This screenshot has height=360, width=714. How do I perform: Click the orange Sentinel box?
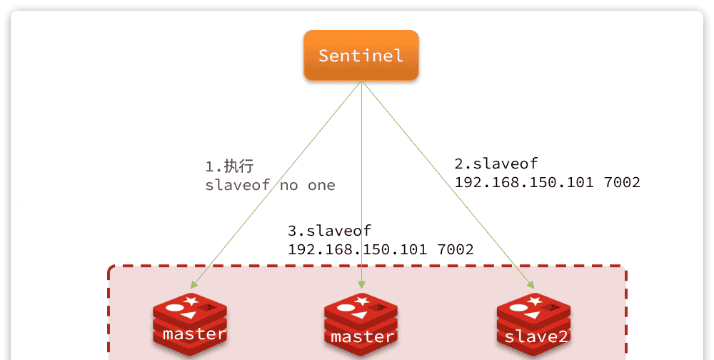click(361, 55)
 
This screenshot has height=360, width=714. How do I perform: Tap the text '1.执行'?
click(229, 167)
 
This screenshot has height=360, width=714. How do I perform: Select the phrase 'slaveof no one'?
click(270, 185)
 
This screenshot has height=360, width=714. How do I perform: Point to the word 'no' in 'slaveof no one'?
click(288, 185)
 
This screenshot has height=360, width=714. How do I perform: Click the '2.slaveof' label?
click(496, 163)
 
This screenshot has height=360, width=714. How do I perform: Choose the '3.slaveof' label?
click(329, 231)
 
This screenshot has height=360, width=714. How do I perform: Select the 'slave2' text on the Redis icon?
click(535, 336)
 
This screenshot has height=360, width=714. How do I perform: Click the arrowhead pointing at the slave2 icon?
click(531, 284)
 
